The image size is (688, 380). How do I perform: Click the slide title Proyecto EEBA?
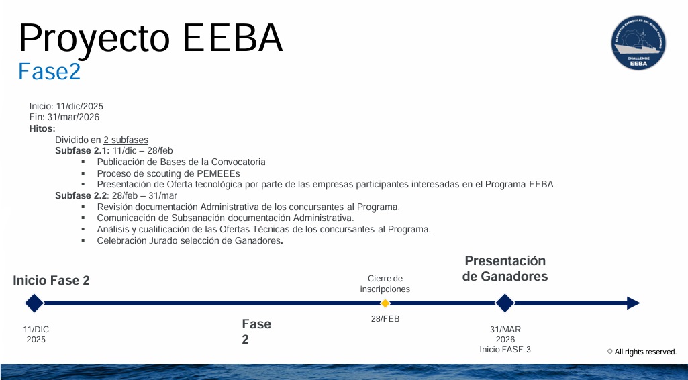point(150,38)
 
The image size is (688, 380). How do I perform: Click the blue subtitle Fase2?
point(49,71)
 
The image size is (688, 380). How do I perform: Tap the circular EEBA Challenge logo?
point(638,43)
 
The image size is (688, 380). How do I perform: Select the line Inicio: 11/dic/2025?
point(66,106)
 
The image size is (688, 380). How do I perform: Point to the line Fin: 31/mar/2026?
point(64,117)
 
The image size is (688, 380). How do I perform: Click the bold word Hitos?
point(42,128)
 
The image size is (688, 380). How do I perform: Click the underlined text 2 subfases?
point(126,140)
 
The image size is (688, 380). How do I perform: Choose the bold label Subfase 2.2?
point(81,195)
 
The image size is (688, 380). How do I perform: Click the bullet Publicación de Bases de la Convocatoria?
point(181,162)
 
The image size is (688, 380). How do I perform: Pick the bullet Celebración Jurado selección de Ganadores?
point(189,240)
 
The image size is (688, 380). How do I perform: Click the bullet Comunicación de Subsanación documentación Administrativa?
point(225,218)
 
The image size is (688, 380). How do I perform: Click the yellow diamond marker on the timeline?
point(385,303)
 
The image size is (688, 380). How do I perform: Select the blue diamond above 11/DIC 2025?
point(34,303)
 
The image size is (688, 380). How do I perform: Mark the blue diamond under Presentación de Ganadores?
point(505,303)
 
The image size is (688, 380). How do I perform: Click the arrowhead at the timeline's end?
point(633,303)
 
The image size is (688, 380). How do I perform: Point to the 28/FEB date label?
point(385,319)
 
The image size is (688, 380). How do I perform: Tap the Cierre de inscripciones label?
point(385,284)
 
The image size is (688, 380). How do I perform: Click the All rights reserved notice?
point(642,352)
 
